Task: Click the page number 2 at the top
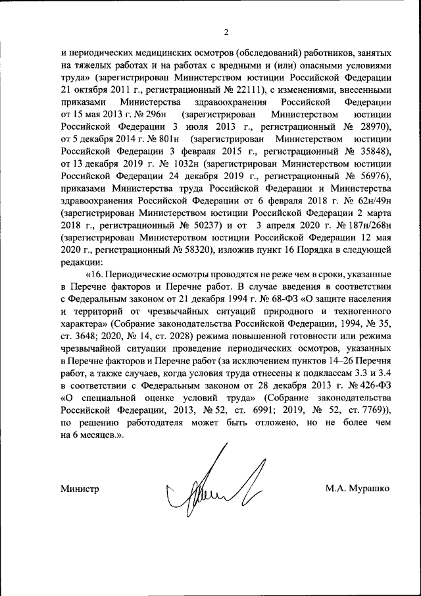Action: [x=225, y=32]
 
